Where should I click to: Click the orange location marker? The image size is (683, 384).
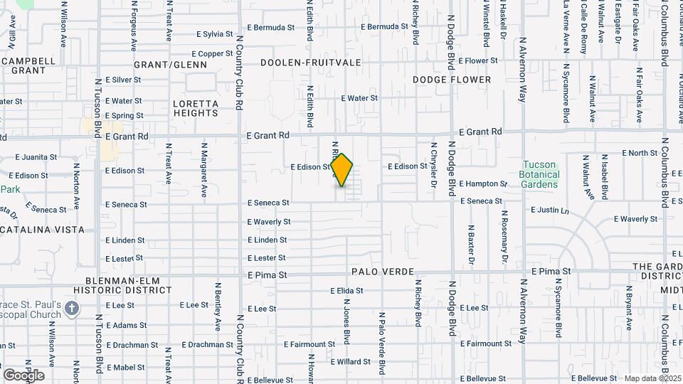[x=342, y=170]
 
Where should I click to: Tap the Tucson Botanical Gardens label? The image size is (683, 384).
[x=543, y=174]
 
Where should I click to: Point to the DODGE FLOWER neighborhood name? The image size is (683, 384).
[x=452, y=80]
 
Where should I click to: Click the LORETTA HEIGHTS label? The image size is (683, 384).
[x=195, y=107]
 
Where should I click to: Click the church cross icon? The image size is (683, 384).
[x=70, y=308]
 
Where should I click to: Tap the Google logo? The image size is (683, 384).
[x=23, y=375]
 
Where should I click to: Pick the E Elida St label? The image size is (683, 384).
[x=346, y=291]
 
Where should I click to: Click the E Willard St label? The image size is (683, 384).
[x=349, y=362]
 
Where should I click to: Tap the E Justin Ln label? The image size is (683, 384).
[x=550, y=210]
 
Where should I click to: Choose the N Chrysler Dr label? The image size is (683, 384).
[x=433, y=165]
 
